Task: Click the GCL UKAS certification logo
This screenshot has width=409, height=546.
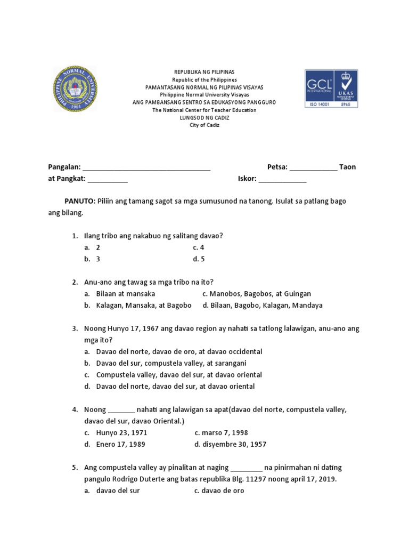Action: [331, 89]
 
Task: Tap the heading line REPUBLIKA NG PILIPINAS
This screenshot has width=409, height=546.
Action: [204, 71]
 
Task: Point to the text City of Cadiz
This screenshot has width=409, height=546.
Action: [204, 125]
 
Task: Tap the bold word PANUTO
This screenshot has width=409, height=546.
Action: [79, 201]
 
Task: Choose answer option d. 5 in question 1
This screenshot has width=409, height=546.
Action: [199, 259]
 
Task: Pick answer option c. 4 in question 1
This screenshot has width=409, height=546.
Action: [199, 247]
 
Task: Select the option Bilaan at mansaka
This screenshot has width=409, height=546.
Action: [125, 294]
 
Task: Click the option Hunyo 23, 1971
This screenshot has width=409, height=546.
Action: [121, 433]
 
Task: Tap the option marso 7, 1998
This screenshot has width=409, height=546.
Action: [222, 433]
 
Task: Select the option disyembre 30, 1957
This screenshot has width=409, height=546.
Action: [231, 444]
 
